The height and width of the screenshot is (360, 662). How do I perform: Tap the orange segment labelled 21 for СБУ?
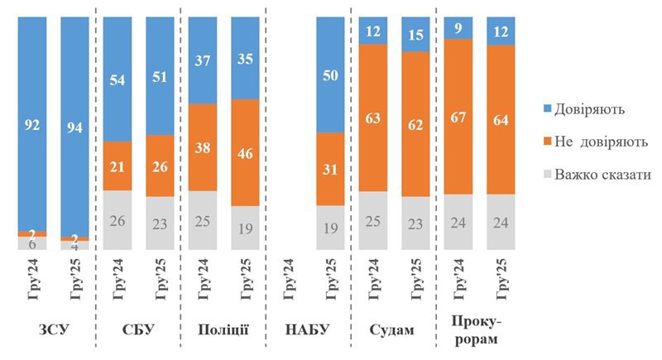tap(117, 166)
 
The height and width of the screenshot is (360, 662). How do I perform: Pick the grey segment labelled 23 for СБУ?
tap(160, 223)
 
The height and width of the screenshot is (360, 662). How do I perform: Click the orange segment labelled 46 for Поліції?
tap(245, 152)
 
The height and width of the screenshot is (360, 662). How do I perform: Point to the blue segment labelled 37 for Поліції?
tap(202, 60)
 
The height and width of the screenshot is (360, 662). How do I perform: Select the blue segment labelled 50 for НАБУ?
tap(330, 74)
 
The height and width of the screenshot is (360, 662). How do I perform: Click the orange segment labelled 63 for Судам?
tap(372, 117)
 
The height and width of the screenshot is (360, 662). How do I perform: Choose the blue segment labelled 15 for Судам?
tap(415, 34)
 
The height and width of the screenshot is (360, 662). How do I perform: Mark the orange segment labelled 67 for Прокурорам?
tap(458, 116)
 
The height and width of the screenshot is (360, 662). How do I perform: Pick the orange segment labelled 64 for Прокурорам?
tap(501, 119)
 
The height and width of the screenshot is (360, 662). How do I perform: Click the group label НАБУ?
tap(309, 329)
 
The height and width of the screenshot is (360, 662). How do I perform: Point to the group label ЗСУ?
tap(53, 329)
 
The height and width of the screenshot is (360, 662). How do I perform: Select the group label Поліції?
tap(223, 329)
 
